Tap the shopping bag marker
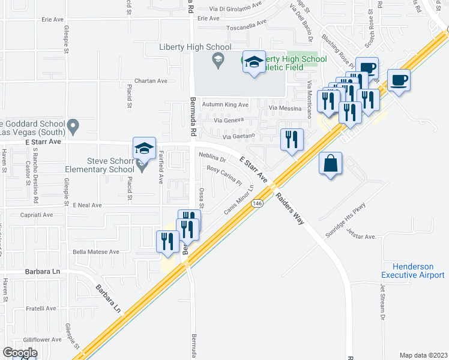pos(331,163)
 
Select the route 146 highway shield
pos(258,203)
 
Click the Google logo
pos(20,353)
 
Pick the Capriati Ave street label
pos(37,214)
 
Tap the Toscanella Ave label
pos(246,27)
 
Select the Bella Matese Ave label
pos(96,252)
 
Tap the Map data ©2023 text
pos(423,355)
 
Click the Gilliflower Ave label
pos(39,340)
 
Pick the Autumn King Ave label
pos(224,104)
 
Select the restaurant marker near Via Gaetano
pos(292,140)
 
